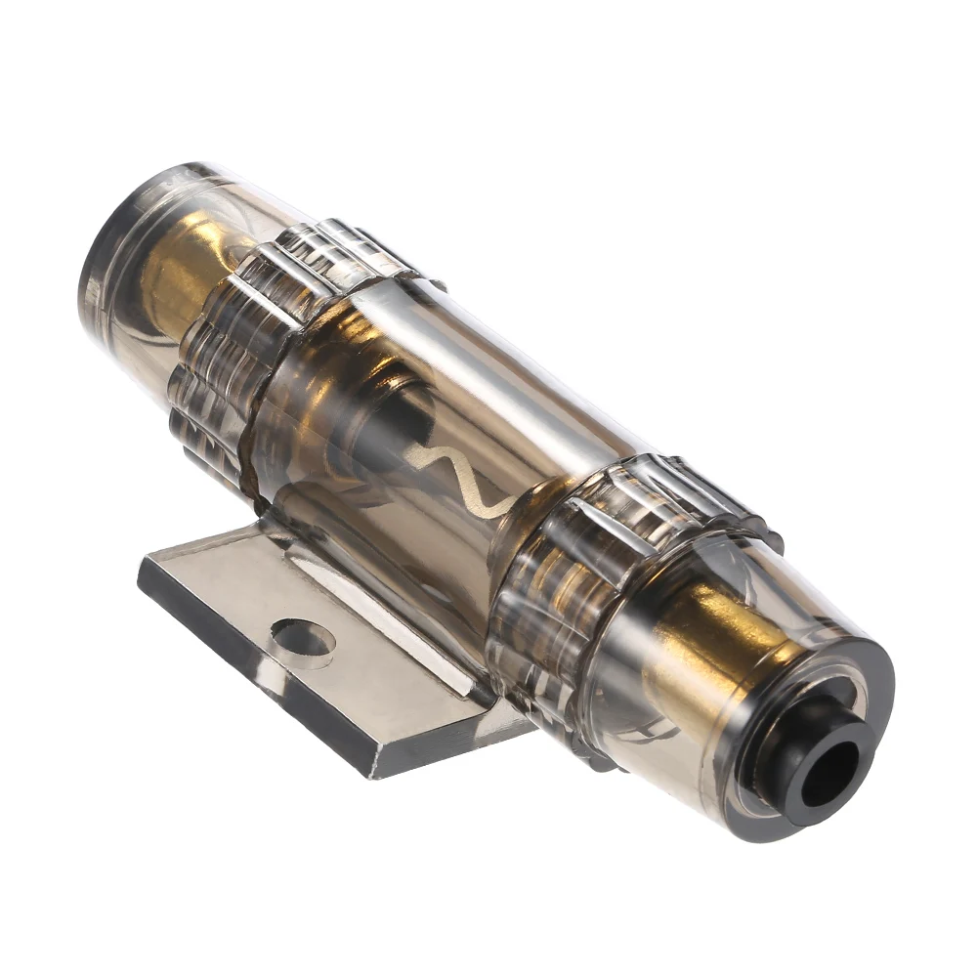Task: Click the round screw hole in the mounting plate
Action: tap(303, 640)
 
